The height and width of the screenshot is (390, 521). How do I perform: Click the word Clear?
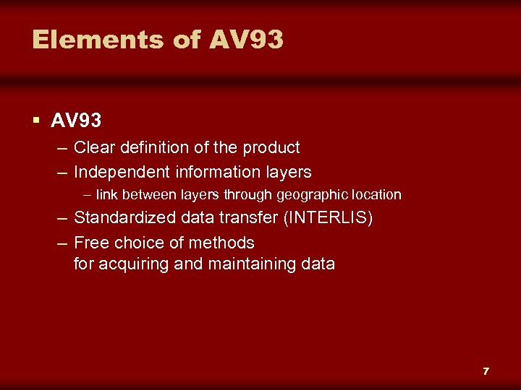click(94, 148)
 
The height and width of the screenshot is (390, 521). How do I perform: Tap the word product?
click(271, 148)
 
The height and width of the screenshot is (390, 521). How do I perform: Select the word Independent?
click(122, 172)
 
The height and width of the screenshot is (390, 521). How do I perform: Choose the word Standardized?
click(124, 218)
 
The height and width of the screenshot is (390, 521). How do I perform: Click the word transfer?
click(246, 218)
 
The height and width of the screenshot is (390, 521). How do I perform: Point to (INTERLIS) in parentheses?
click(329, 218)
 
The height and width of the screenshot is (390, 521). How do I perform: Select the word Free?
click(90, 242)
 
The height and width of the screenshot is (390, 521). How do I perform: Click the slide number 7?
click(486, 371)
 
